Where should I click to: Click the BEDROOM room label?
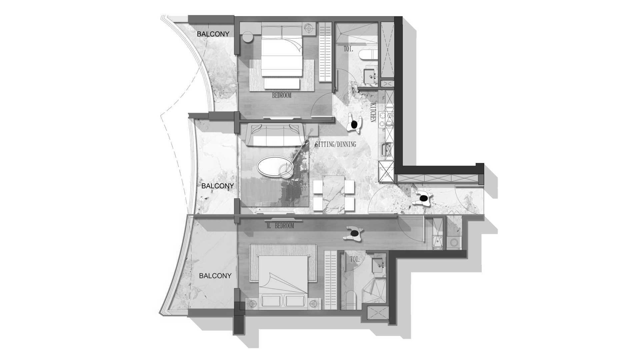click(x=282, y=96)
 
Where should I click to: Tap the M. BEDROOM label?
click(x=280, y=226)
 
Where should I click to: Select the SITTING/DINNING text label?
click(x=335, y=144)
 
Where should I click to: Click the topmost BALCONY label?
click(x=213, y=34)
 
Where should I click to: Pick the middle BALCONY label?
click(x=218, y=186)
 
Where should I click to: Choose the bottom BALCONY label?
click(x=215, y=276)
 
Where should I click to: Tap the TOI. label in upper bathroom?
click(x=349, y=49)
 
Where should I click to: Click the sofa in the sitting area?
click(x=275, y=135)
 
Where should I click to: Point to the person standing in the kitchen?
click(x=354, y=124)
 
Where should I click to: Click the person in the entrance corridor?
click(x=423, y=199)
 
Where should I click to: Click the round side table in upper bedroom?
click(x=247, y=37)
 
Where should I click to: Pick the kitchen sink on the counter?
click(x=387, y=149)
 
